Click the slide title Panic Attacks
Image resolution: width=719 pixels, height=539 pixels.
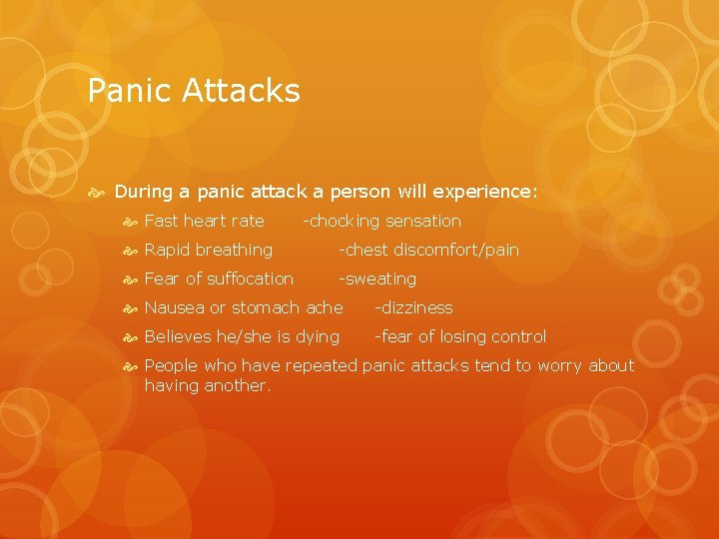pos(194,91)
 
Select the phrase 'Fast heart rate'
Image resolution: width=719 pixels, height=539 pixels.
pos(204,221)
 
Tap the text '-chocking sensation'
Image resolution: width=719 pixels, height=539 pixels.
pos(381,221)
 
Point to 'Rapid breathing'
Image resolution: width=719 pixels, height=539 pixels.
pos(208,250)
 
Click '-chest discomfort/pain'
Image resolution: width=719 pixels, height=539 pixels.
pos(428,250)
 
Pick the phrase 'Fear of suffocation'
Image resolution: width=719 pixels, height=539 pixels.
pos(219,278)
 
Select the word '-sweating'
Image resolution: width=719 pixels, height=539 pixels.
pos(377,278)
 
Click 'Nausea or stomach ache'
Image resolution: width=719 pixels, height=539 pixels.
pos(244,307)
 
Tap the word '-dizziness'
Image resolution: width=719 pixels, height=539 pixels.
pos(413,307)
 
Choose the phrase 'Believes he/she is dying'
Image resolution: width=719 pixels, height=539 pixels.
pos(242,336)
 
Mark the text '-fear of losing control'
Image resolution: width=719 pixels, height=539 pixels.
pos(460,336)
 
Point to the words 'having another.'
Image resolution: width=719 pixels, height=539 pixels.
pos(208,385)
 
